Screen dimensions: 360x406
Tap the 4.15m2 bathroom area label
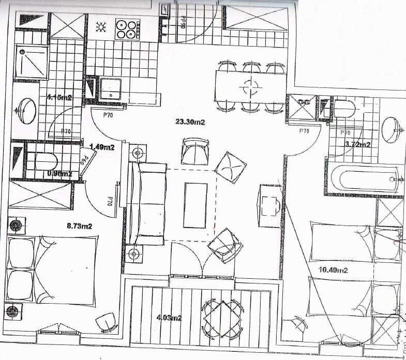(x=58, y=97)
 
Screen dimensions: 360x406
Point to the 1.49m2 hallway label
(x=102, y=147)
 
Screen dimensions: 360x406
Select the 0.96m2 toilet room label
(x=59, y=174)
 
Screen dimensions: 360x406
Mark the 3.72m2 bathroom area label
(x=357, y=144)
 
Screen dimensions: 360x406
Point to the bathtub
(x=365, y=178)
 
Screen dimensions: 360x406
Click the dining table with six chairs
(x=250, y=87)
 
